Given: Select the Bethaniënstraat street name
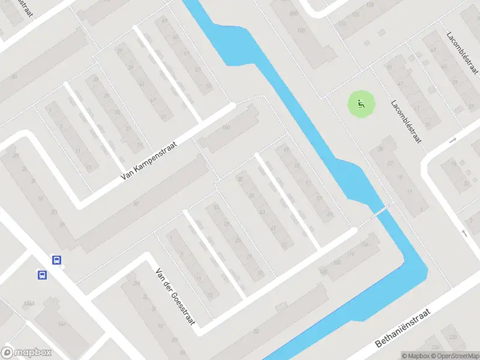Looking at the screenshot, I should coord(403,329).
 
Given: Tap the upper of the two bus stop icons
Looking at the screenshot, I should coord(56,260).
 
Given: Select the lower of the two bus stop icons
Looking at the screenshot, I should coord(43,275).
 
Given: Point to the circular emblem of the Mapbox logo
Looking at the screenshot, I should coord(8,353).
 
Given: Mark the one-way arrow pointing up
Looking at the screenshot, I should coord(464,233).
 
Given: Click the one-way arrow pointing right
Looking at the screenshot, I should coord(453,140).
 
